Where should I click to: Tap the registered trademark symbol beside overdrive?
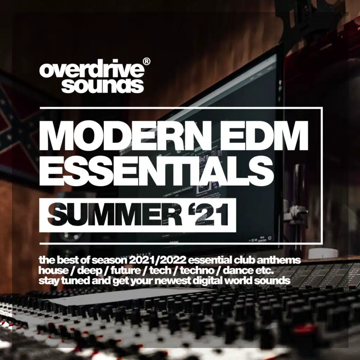click(147, 62)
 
